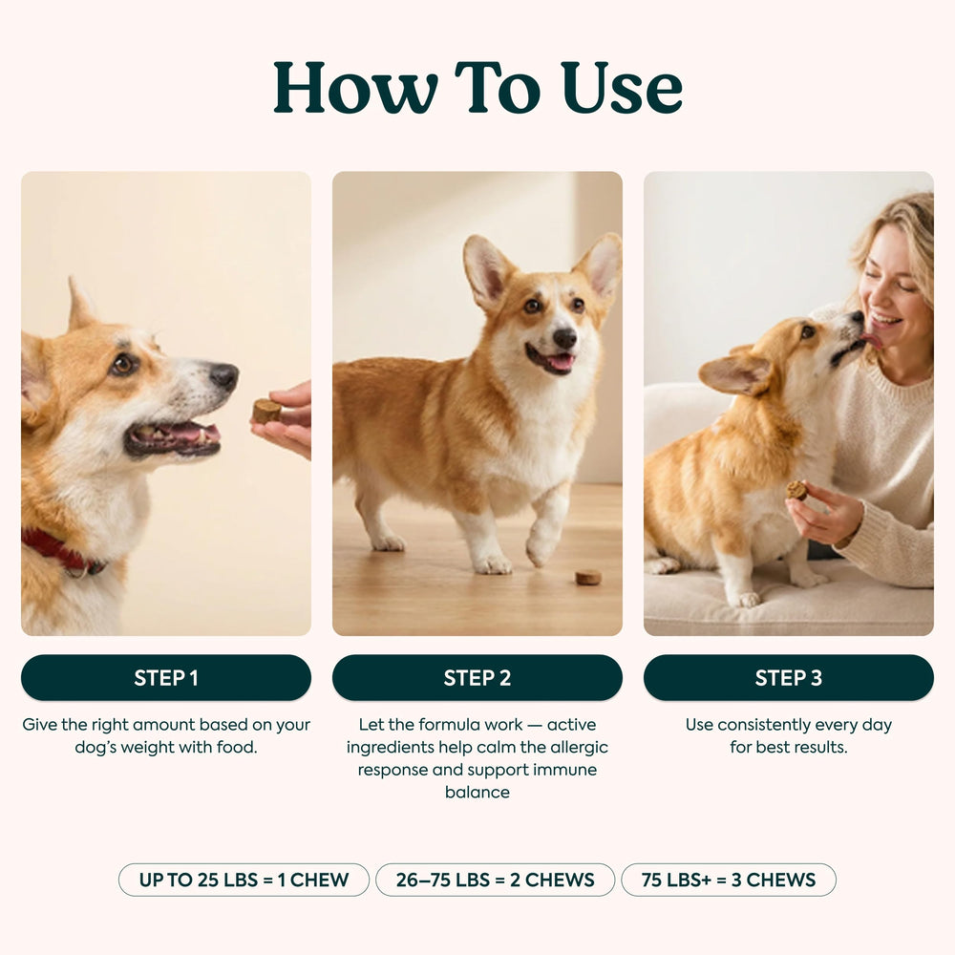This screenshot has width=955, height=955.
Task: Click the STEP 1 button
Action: [165, 677]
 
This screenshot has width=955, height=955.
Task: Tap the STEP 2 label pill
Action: [477, 677]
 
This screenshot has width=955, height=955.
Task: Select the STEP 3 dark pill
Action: [788, 677]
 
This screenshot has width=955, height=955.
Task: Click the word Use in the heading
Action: [622, 87]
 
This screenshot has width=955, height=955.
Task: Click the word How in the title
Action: [355, 87]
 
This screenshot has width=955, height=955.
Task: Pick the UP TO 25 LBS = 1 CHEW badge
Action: [244, 880]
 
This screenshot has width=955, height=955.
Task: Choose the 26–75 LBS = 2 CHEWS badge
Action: [495, 880]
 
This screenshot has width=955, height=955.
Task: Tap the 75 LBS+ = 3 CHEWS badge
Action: [729, 880]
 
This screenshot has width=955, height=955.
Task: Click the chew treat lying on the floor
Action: [588, 577]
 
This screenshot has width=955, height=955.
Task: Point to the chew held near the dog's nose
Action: [266, 411]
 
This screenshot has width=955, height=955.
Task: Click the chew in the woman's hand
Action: [796, 490]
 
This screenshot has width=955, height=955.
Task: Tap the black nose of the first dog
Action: [224, 375]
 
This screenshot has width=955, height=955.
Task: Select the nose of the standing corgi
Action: [564, 337]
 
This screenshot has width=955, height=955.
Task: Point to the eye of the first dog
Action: [123, 364]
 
